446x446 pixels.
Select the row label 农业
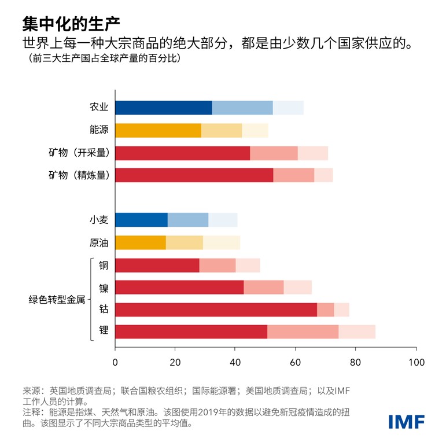(98, 108)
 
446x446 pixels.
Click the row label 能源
(98, 130)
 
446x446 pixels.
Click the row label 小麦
(98, 220)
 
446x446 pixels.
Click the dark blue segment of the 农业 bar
(163, 108)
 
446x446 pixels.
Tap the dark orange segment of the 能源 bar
(158, 130)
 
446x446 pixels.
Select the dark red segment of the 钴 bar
(216, 309)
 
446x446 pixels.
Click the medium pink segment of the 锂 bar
(303, 331)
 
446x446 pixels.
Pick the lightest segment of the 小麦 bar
(223, 220)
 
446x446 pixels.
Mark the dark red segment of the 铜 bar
(157, 265)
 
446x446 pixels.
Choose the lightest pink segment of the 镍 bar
(297, 287)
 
